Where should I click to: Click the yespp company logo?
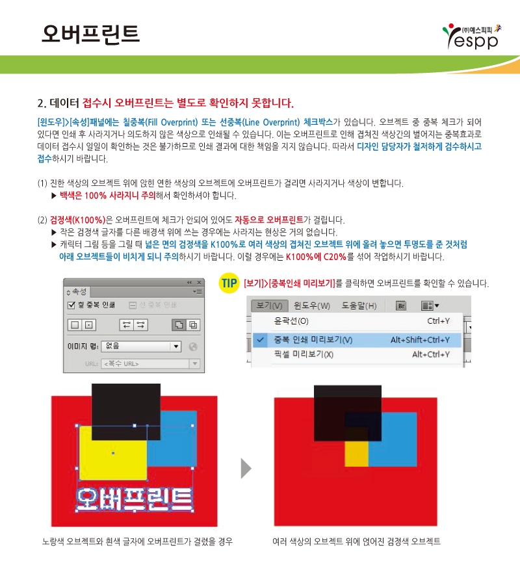tap(472, 36)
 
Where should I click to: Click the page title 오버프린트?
tap(90, 34)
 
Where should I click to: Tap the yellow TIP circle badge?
tap(229, 283)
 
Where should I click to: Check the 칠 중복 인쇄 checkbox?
tap(71, 305)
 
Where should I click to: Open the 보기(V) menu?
tap(269, 306)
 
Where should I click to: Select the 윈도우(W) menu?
tap(312, 306)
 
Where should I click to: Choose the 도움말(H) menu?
tap(359, 306)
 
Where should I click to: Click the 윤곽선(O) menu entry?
tap(291, 321)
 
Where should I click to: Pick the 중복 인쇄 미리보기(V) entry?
tap(313, 340)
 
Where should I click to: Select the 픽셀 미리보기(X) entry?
tap(304, 354)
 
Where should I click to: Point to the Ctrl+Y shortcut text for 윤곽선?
tap(438, 321)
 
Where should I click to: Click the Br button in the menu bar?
tap(401, 306)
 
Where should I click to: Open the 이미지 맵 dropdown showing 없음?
tap(141, 346)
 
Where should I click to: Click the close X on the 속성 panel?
tap(199, 283)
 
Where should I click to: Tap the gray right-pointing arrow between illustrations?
tap(246, 469)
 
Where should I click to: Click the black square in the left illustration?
tap(126, 412)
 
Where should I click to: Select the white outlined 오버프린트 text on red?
tap(134, 499)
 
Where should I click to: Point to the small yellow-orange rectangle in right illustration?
tap(356, 454)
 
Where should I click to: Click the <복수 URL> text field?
tap(145, 364)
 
